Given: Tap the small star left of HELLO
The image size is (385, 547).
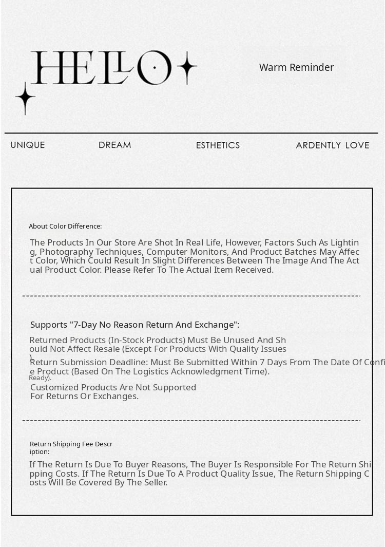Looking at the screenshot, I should (x=25, y=98).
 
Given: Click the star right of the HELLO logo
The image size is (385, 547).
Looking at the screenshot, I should (x=187, y=67).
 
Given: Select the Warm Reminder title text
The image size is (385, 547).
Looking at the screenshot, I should (x=296, y=67).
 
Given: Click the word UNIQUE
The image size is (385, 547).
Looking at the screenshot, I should (x=28, y=145).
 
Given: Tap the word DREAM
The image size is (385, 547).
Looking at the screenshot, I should (x=114, y=145).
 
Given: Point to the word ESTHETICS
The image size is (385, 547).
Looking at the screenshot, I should (x=218, y=145).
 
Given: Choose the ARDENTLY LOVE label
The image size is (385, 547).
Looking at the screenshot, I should (x=332, y=145).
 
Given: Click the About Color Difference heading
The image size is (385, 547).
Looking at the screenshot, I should (x=65, y=227).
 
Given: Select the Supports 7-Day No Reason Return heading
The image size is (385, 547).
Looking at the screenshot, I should (x=134, y=325).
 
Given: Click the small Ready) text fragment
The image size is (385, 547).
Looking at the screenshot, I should (x=40, y=378).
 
